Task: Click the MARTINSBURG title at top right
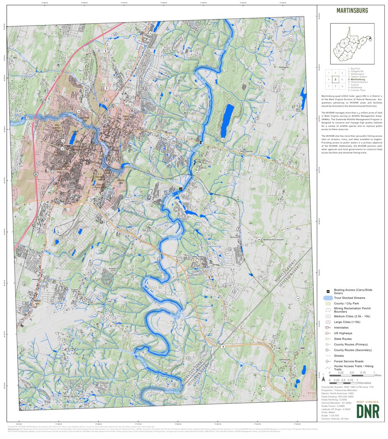click(352, 11)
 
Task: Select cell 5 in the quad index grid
click(336, 79)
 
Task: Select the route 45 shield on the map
click(47, 202)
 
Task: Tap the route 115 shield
click(278, 348)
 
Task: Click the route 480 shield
click(302, 348)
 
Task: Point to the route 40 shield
click(288, 228)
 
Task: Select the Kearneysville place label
click(285, 359)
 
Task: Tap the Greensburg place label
click(284, 67)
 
